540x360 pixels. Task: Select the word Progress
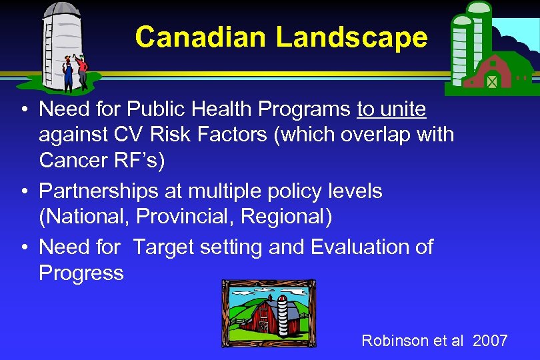click(81, 273)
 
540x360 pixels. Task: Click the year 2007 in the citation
click(490, 341)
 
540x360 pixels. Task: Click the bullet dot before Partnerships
click(23, 192)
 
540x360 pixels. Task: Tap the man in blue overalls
click(67, 71)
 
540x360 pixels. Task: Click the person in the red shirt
click(81, 70)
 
